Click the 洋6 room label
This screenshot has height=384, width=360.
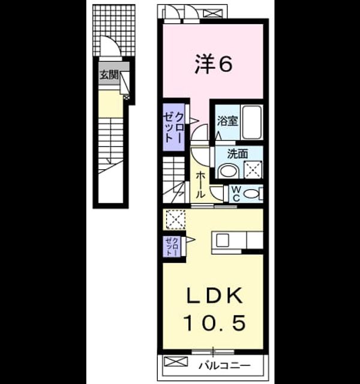point(214,64)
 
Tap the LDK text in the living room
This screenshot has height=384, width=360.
point(215,296)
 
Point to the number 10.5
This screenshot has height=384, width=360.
point(215,323)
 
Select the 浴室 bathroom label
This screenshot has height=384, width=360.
point(228,121)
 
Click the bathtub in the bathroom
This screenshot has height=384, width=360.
point(251,122)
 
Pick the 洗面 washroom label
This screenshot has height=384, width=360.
point(238,154)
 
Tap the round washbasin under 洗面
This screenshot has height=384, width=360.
point(228,171)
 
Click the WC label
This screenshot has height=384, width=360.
point(236,194)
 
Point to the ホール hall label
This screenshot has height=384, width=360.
point(200,185)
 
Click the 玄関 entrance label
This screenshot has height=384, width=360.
point(109,74)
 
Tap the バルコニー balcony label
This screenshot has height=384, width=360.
point(224,365)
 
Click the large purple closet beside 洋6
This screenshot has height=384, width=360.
point(173,128)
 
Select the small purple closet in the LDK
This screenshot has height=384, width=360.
point(172,246)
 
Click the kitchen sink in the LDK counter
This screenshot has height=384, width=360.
point(223,240)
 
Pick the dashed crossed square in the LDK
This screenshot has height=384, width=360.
point(176,219)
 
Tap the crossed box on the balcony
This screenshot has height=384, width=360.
point(176,362)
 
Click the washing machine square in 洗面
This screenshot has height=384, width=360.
point(253,170)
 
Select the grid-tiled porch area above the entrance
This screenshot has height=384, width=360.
point(114,30)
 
